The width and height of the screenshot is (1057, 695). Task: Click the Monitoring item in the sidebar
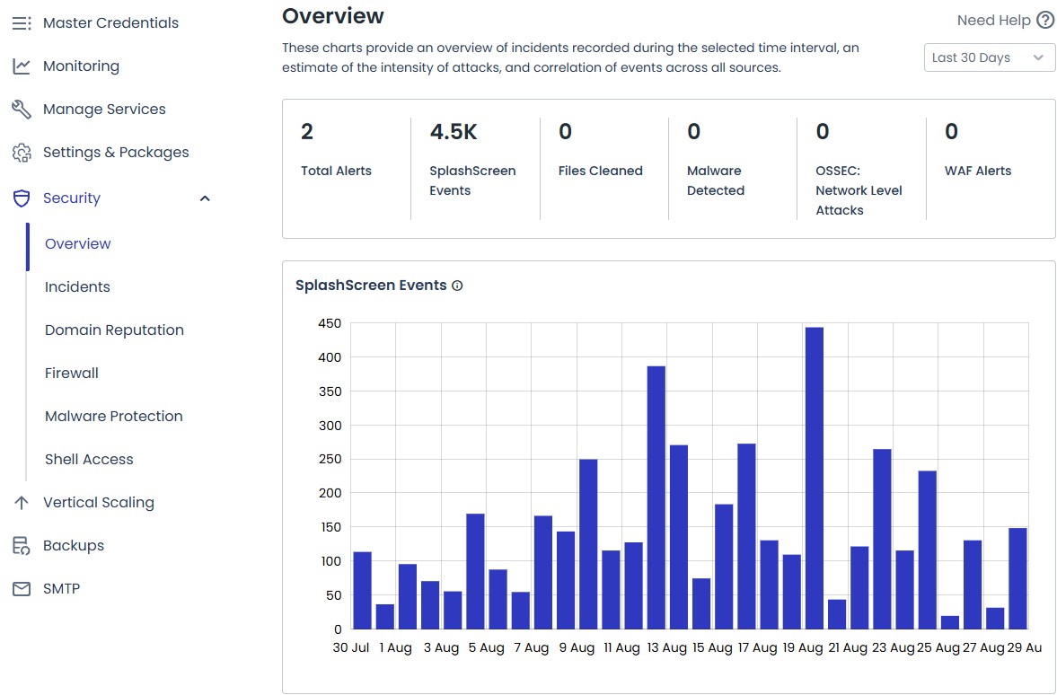(x=81, y=66)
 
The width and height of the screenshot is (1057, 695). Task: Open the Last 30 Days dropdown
(x=989, y=57)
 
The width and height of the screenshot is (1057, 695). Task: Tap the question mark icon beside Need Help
(x=1044, y=21)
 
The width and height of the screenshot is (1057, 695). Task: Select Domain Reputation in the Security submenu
(x=114, y=330)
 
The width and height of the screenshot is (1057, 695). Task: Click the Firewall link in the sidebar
(x=72, y=374)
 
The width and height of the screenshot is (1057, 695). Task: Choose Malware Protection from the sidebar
(x=113, y=417)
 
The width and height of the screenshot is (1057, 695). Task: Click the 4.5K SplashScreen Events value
(x=454, y=133)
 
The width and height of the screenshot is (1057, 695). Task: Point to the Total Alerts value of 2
(x=307, y=133)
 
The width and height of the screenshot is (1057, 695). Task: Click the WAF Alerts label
(x=978, y=171)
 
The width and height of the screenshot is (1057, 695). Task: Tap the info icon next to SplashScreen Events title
(x=457, y=286)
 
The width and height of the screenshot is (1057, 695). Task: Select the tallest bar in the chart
(x=814, y=478)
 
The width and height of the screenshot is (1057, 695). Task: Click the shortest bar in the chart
(x=949, y=621)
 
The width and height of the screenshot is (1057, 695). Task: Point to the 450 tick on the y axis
(x=330, y=324)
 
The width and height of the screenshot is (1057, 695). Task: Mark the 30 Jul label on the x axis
(x=351, y=647)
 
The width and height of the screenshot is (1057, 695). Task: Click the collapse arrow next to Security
(x=205, y=198)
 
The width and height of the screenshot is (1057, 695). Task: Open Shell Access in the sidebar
(x=89, y=460)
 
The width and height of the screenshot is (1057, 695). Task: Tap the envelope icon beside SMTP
(x=22, y=589)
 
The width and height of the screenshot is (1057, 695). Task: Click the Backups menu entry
(x=74, y=546)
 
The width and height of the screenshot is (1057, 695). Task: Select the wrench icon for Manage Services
(x=22, y=110)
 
